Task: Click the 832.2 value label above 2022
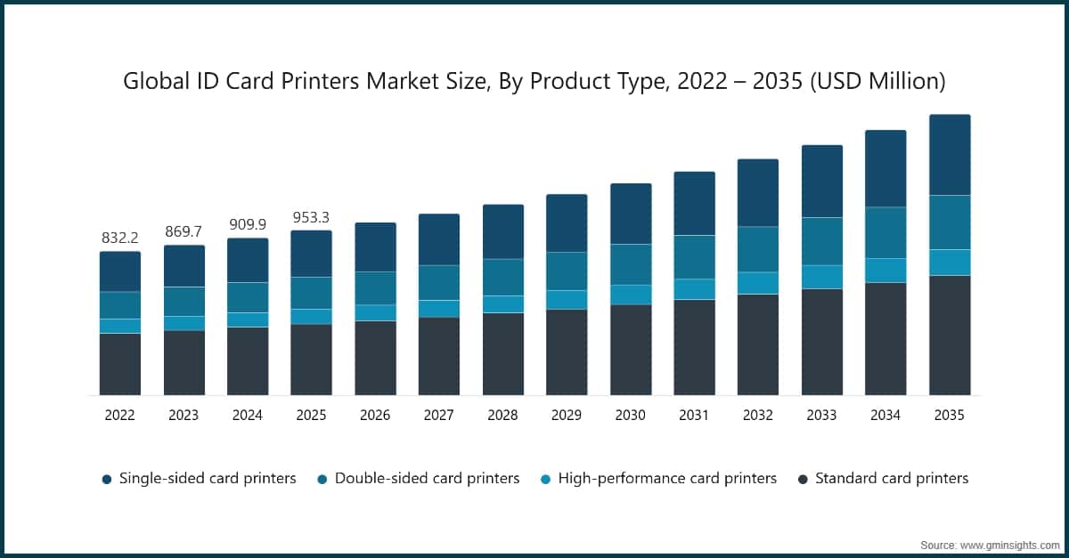[x=119, y=239]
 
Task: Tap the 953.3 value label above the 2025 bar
[x=311, y=218]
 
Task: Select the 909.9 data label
[x=247, y=225]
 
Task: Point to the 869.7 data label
[x=184, y=232]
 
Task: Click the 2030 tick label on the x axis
[x=630, y=415]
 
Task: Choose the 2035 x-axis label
[x=949, y=415]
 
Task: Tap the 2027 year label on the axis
[x=438, y=415]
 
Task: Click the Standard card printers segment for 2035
[x=950, y=336]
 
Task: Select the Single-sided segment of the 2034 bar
[x=885, y=169]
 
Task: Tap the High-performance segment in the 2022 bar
[x=119, y=326]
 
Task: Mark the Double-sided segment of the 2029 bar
[x=567, y=271]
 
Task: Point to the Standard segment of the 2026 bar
[x=375, y=358]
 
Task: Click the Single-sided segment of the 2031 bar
[x=694, y=203]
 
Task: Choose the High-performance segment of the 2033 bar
[x=822, y=277]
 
